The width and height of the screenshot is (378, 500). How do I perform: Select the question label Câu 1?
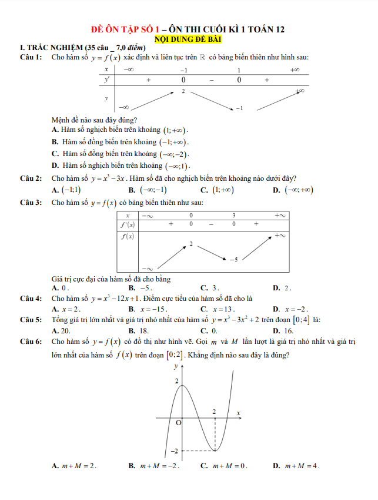(x=31, y=57)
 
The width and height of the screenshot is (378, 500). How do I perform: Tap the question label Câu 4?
(x=31, y=299)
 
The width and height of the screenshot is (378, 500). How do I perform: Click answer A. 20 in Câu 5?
(x=61, y=330)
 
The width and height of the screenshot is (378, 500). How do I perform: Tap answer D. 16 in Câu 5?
(x=283, y=330)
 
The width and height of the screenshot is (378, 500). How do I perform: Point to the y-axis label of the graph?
(x=175, y=366)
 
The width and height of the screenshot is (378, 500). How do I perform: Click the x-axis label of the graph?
(x=239, y=413)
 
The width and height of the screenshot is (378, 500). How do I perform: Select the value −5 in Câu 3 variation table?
(x=233, y=259)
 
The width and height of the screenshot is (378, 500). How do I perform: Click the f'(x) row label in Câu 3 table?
(x=128, y=224)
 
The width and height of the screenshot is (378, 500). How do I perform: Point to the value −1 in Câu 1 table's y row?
(x=239, y=108)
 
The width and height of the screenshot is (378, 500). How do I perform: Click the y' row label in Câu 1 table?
(x=106, y=79)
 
